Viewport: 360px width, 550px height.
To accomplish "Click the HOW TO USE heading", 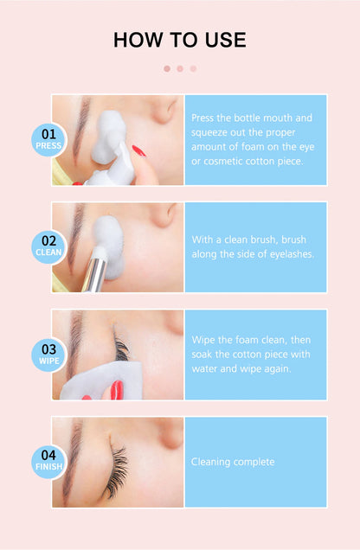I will coord(179,40).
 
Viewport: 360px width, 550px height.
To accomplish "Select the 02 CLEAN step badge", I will coord(48,246).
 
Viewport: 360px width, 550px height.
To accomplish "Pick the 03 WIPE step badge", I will coord(48,355).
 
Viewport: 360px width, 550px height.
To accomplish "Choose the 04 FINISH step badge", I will coord(48,462).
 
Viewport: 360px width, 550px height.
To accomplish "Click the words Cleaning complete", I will coord(233,462).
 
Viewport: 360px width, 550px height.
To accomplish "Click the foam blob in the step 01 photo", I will coord(114,138).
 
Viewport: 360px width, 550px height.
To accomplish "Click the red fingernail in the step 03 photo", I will coord(114,390).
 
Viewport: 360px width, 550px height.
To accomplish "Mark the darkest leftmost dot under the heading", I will coord(167,68).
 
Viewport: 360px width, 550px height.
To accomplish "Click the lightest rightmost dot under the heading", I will coord(193,68).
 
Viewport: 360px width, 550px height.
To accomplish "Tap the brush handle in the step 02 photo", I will coord(95,272).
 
